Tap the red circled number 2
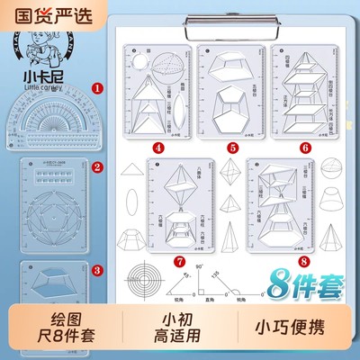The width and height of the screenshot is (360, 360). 98,167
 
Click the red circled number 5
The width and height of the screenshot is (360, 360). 231,147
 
